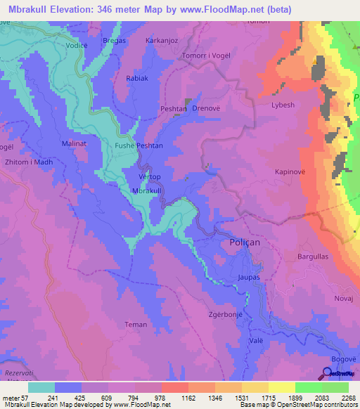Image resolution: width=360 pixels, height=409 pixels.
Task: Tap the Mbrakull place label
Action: coord(148,191)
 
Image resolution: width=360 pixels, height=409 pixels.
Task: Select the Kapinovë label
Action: coord(288,171)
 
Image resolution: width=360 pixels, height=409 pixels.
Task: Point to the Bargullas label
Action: coord(314,257)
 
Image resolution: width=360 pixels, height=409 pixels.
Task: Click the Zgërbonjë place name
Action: coord(227,314)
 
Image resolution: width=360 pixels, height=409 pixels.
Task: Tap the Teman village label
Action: coord(136,325)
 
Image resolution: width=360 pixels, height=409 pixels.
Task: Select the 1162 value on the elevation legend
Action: coord(188,398)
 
